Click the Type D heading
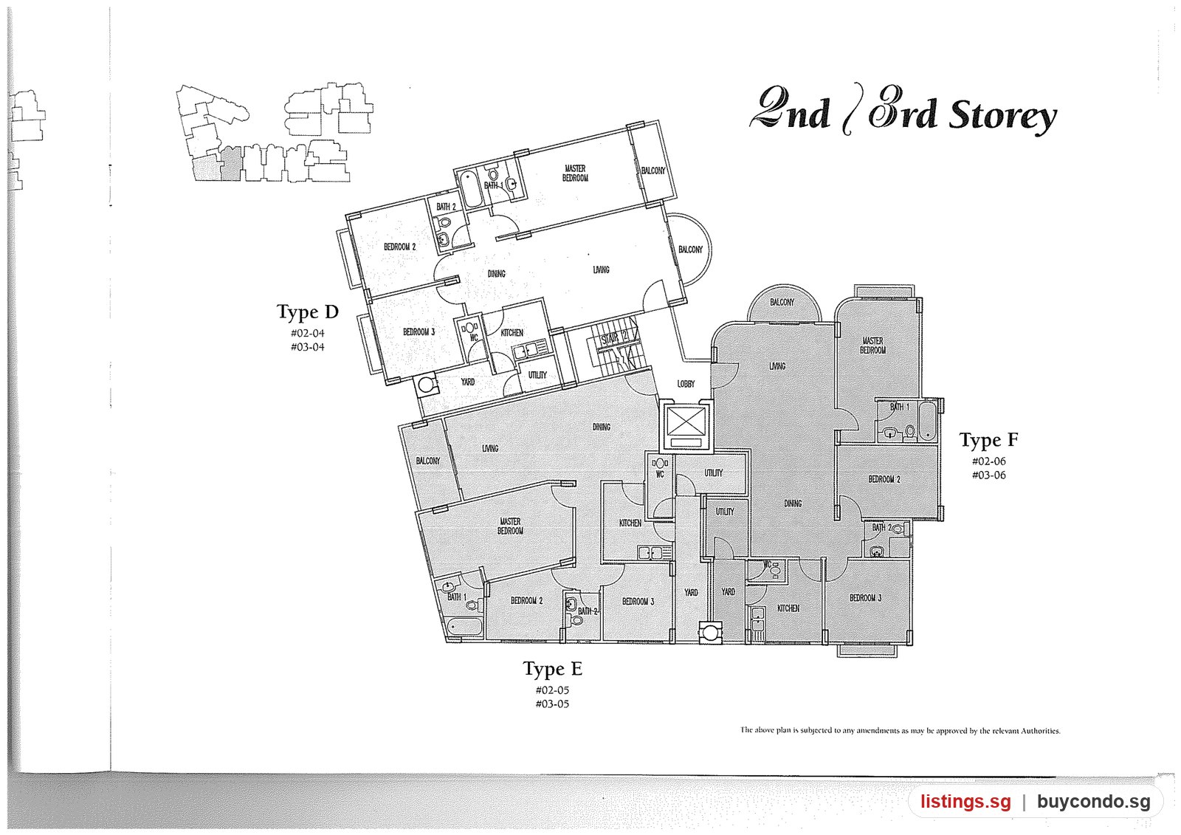click(x=307, y=312)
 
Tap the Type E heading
click(x=553, y=669)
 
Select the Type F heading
click(x=988, y=440)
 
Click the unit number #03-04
click(x=307, y=347)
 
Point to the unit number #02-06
click(x=988, y=461)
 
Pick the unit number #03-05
click(x=552, y=704)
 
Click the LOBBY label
click(x=686, y=384)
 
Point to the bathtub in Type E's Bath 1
click(x=464, y=627)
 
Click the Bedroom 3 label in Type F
click(x=865, y=598)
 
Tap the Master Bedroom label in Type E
click(x=510, y=526)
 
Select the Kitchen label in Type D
click(x=512, y=333)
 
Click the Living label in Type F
click(x=777, y=366)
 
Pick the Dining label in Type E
click(x=602, y=427)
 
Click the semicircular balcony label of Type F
click(x=782, y=302)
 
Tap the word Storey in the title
click(x=1002, y=117)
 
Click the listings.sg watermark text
click(x=966, y=801)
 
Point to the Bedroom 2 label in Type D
click(x=399, y=247)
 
